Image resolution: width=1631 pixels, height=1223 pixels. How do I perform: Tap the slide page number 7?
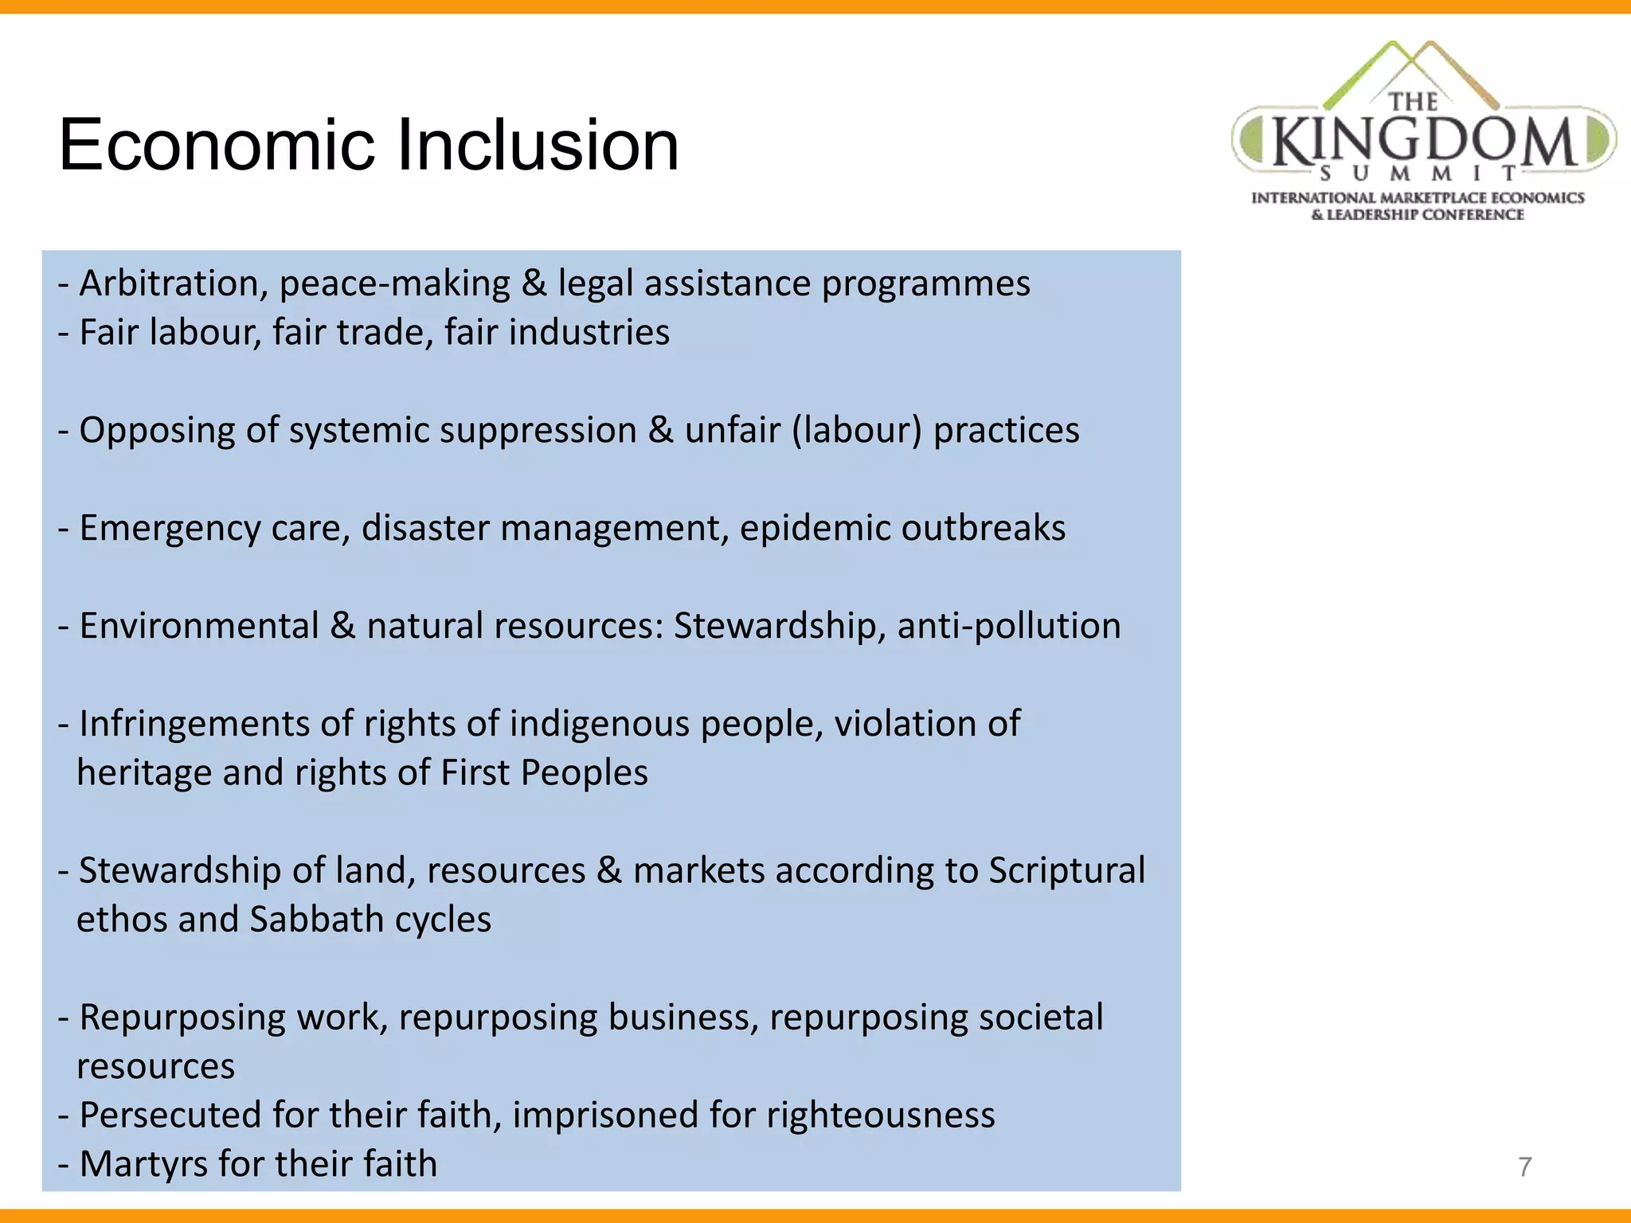click(1524, 1166)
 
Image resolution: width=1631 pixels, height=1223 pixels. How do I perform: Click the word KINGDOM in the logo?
click(1424, 141)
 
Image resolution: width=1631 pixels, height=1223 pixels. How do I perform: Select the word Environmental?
click(199, 627)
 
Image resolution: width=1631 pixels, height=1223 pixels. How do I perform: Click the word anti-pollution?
click(1009, 627)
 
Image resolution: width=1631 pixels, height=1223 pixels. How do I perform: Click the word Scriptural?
click(1066, 871)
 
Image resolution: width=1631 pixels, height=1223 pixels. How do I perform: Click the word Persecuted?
click(170, 1116)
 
